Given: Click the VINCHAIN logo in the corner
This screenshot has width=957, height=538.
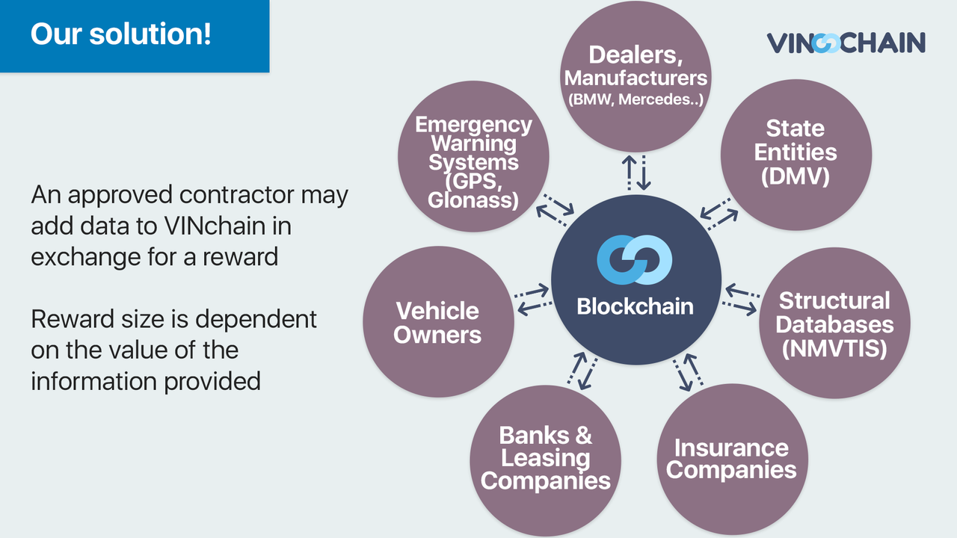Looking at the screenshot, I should point(846,43).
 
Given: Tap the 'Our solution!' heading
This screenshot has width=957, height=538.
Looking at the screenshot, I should point(121,34).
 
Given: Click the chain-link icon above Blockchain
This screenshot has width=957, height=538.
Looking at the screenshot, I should point(635,260).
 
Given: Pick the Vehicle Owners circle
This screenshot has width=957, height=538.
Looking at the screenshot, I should point(438,322).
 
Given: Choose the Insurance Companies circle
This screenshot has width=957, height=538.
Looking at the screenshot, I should point(731,459).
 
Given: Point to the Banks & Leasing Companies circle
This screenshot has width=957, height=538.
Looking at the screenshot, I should point(546,457).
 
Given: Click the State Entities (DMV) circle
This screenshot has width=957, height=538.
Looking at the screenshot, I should point(796,152).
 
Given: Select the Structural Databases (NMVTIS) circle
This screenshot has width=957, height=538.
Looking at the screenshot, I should point(834,324).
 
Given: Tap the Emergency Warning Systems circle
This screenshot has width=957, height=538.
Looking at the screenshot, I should point(473,161).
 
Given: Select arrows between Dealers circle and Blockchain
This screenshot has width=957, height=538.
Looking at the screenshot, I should point(635,172).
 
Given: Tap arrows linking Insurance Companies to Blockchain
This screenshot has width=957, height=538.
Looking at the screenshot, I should point(685,373).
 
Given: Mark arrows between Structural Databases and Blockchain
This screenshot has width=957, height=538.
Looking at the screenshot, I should point(741,299).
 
